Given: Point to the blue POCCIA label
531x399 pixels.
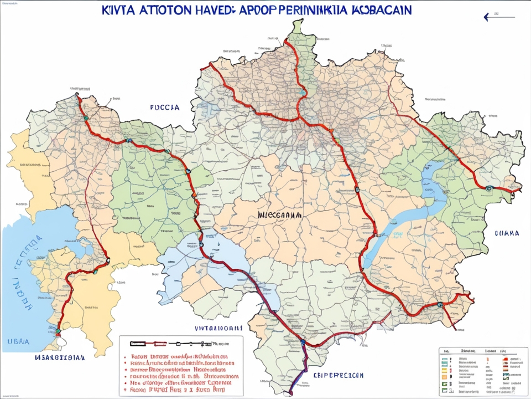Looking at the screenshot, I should point(164,108).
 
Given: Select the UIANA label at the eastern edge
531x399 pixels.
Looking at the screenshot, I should point(506,233).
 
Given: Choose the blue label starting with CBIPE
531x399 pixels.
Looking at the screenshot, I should point(339,375).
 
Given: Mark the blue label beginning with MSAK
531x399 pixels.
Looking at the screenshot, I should point(60,358).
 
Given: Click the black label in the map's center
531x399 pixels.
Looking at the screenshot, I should point(279,214).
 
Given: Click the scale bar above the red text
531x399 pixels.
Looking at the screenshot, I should point(171,344).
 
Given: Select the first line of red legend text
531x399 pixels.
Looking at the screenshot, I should point(180,356).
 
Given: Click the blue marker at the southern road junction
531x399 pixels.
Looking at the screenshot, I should point(303,343).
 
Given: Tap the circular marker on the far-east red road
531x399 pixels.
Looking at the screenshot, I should point(488,188).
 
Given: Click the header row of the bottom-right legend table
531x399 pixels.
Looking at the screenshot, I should point(476,351).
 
